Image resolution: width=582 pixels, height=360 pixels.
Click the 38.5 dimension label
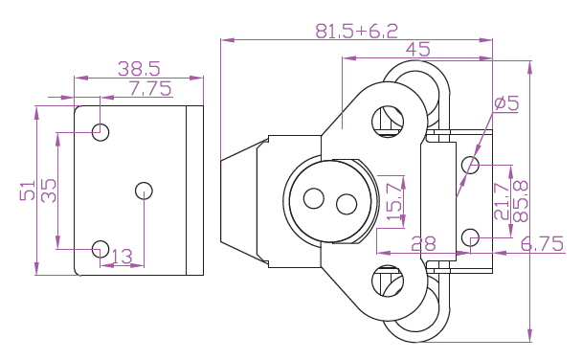point(139,69)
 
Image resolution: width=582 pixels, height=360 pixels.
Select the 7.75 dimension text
point(150,88)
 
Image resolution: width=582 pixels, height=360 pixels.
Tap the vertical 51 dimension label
point(28,191)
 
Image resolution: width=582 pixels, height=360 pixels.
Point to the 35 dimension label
point(49,191)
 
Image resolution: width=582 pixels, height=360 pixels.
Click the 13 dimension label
point(122,257)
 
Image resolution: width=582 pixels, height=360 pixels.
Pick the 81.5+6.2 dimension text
point(356,32)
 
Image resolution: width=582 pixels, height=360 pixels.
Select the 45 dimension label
point(418,50)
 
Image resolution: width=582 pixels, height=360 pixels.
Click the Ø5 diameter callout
point(506,102)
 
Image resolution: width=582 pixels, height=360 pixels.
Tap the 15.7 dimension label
point(394,198)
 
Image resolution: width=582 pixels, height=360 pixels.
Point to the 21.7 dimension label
point(502,201)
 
